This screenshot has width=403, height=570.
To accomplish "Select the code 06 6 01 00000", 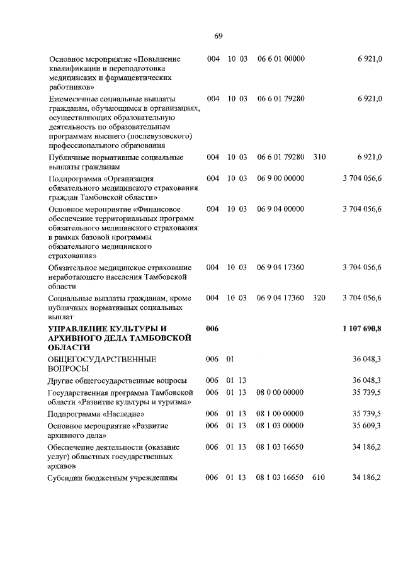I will [281, 59].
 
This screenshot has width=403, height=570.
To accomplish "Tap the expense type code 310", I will [319, 157].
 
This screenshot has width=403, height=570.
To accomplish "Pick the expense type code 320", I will [319, 298].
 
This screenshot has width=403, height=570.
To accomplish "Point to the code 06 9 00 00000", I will [281, 179].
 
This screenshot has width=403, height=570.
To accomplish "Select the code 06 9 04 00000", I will [281, 208].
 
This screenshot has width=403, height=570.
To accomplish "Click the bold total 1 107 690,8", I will [362, 329].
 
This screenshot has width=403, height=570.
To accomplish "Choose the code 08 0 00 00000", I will [280, 392].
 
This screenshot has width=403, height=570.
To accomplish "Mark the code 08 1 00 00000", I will [280, 414].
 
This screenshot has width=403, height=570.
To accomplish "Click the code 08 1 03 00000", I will [280, 426].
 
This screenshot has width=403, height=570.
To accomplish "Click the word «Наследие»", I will [123, 414].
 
